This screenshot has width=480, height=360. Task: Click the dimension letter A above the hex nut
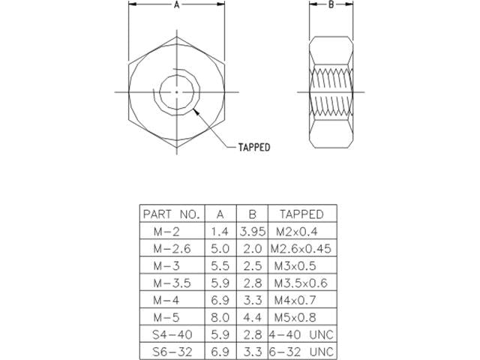coord(176,4)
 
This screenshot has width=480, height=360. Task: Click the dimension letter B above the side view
coord(331,4)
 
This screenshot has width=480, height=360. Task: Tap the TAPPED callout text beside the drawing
coord(253,148)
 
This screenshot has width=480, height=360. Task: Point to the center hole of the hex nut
coord(176,91)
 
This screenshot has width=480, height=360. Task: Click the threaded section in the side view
coord(331,91)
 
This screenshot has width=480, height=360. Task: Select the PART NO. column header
coord(171,214)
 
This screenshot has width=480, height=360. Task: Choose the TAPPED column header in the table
coord(300,214)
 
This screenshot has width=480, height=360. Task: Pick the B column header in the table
coord(251,214)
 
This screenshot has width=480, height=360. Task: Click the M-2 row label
coord(171,231)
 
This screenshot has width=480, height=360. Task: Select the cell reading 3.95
coord(251,231)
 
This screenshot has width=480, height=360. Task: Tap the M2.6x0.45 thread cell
coord(300,248)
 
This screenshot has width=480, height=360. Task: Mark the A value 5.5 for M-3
coord(219,265)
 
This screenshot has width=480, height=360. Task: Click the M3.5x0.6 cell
coord(300,283)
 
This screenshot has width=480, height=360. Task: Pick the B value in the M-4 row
coord(251,299)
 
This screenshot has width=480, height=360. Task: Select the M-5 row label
coord(171,316)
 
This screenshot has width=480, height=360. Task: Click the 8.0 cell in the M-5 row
coord(219,316)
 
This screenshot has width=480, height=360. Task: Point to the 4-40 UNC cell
coord(300,334)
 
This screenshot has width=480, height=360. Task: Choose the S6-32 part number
coord(171,350)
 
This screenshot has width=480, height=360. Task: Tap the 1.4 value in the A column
coord(219,231)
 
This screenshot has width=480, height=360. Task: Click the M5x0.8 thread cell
coord(300,316)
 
